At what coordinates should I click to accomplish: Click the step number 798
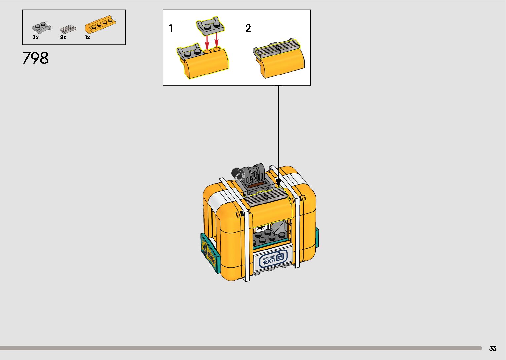coord(36,58)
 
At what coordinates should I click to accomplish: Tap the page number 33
coord(493,348)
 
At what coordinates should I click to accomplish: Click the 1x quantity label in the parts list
coord(87,38)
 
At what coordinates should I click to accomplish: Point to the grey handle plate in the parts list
coord(42,27)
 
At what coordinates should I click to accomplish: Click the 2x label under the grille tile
coord(63,38)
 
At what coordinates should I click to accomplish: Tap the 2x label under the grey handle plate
coord(35,38)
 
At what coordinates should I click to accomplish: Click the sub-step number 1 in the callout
coord(171,28)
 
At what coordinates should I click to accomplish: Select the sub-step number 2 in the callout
coord(248,28)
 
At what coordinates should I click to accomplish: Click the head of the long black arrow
coord(278,182)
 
